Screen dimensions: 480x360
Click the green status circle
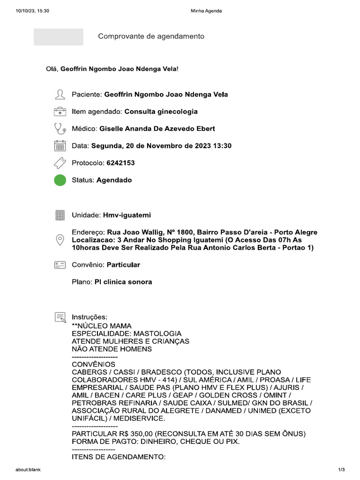[60, 180]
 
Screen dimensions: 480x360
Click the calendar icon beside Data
[60, 146]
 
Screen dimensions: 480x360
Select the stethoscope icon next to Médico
[60, 128]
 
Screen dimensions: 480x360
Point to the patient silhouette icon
[60, 95]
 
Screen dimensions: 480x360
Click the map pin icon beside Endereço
[60, 240]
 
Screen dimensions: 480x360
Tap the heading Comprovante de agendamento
[151, 37]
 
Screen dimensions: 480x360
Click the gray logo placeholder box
[59, 37]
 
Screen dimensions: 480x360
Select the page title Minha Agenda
[206, 11]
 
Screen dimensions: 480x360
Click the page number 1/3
[341, 470]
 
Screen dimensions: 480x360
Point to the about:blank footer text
[28, 470]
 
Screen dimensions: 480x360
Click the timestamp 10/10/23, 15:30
[32, 11]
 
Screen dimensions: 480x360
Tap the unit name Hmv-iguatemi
[127, 215]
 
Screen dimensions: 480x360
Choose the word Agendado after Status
[114, 180]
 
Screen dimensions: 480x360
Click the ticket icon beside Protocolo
[60, 163]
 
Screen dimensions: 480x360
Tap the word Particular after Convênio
[123, 265]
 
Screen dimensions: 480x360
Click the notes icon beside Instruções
[60, 317]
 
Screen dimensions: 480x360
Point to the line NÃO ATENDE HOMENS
[112, 349]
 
